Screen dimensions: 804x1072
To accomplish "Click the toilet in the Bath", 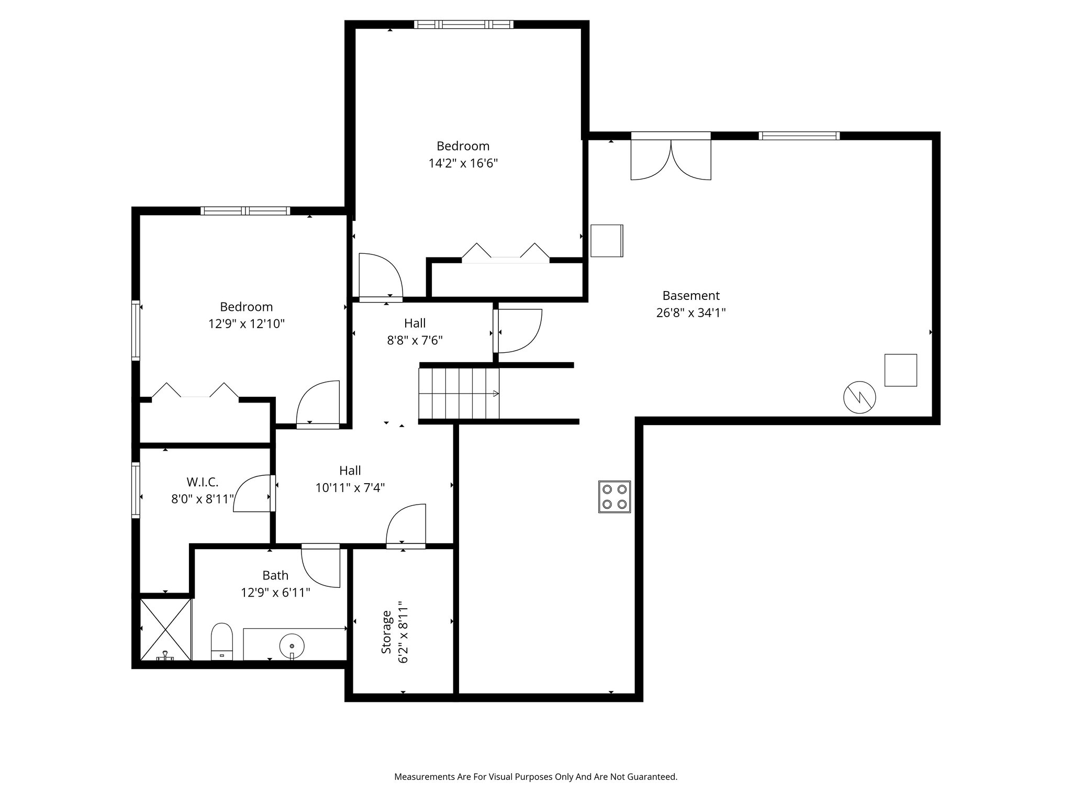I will coord(221,642).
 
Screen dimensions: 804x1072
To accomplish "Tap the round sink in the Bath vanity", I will coord(292,644).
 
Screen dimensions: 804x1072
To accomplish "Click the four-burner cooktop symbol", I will coord(615,497).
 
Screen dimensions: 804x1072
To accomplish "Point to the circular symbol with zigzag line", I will coord(859,398).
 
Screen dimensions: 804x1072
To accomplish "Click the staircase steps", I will coord(459,394).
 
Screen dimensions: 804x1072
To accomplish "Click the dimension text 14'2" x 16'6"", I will coord(463,163).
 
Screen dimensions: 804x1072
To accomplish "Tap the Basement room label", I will coord(691,295).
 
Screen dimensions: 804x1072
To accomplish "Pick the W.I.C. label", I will coord(202,482).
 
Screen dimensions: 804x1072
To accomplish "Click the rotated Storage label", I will coord(386,632).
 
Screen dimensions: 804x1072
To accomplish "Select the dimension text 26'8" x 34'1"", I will coord(691,313).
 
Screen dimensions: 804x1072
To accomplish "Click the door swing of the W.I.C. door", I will coord(252,493).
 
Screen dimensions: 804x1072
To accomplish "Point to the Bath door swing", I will coord(320,566).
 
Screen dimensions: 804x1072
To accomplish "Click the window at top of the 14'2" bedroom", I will coord(463,24).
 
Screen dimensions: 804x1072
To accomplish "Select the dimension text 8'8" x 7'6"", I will coord(415,341).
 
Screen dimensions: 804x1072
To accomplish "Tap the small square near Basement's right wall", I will coord(900,370).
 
